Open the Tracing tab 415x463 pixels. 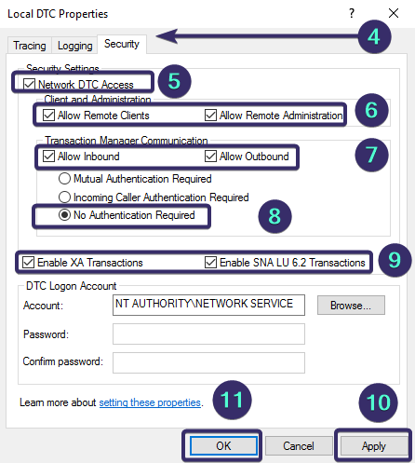click(x=31, y=45)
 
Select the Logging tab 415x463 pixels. click(x=74, y=45)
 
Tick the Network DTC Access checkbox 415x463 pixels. click(x=31, y=84)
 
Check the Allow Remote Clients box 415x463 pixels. click(x=48, y=116)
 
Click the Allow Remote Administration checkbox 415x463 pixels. click(x=211, y=116)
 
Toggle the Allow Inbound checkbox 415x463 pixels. click(x=48, y=157)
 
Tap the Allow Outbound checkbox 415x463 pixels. click(x=211, y=157)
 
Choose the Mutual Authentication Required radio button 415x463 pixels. click(x=65, y=178)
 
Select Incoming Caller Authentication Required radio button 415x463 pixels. click(x=65, y=197)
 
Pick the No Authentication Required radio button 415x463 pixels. click(x=65, y=216)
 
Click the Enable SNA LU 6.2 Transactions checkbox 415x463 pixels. click(x=209, y=263)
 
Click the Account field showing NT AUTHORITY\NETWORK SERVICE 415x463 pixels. click(x=208, y=305)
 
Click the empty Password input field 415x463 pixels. click(x=208, y=334)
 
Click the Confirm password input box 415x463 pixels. click(x=208, y=362)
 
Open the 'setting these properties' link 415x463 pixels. click(x=150, y=402)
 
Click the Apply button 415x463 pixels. click(x=372, y=444)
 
